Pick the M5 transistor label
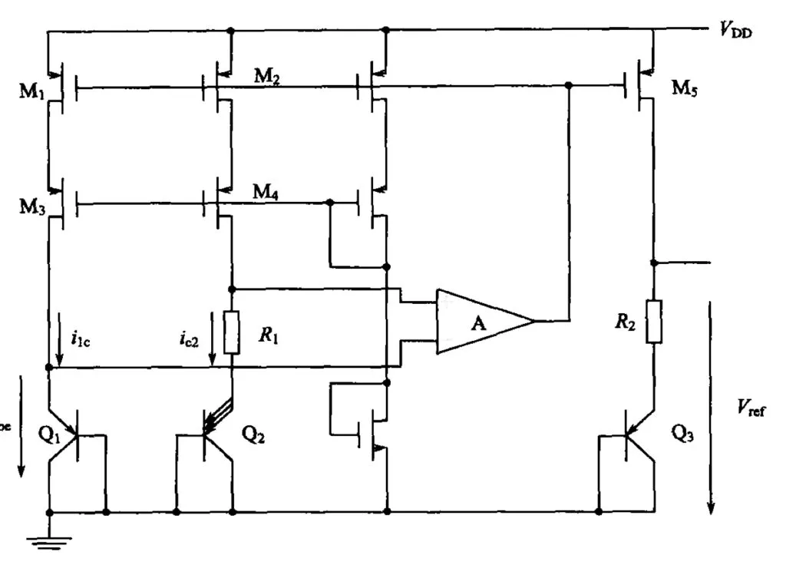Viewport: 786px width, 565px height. click(x=686, y=87)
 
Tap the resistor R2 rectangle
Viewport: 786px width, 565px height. click(x=653, y=321)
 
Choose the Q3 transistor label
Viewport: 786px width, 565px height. click(x=685, y=431)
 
